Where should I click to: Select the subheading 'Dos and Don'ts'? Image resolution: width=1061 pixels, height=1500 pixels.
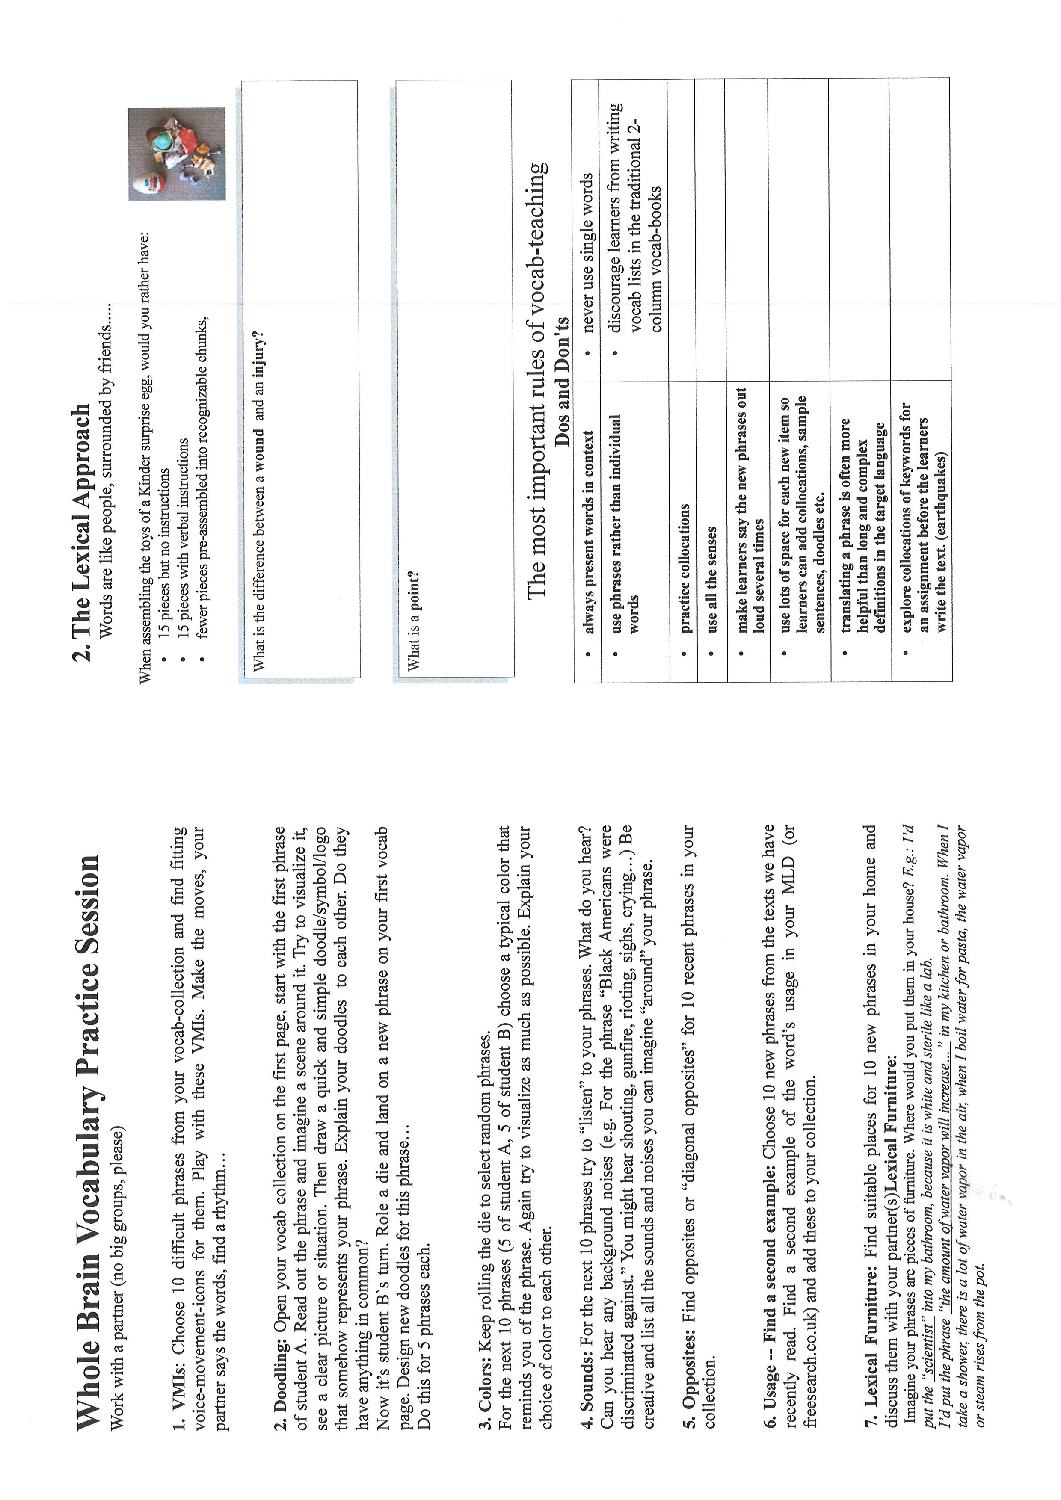pyautogui.click(x=562, y=382)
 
